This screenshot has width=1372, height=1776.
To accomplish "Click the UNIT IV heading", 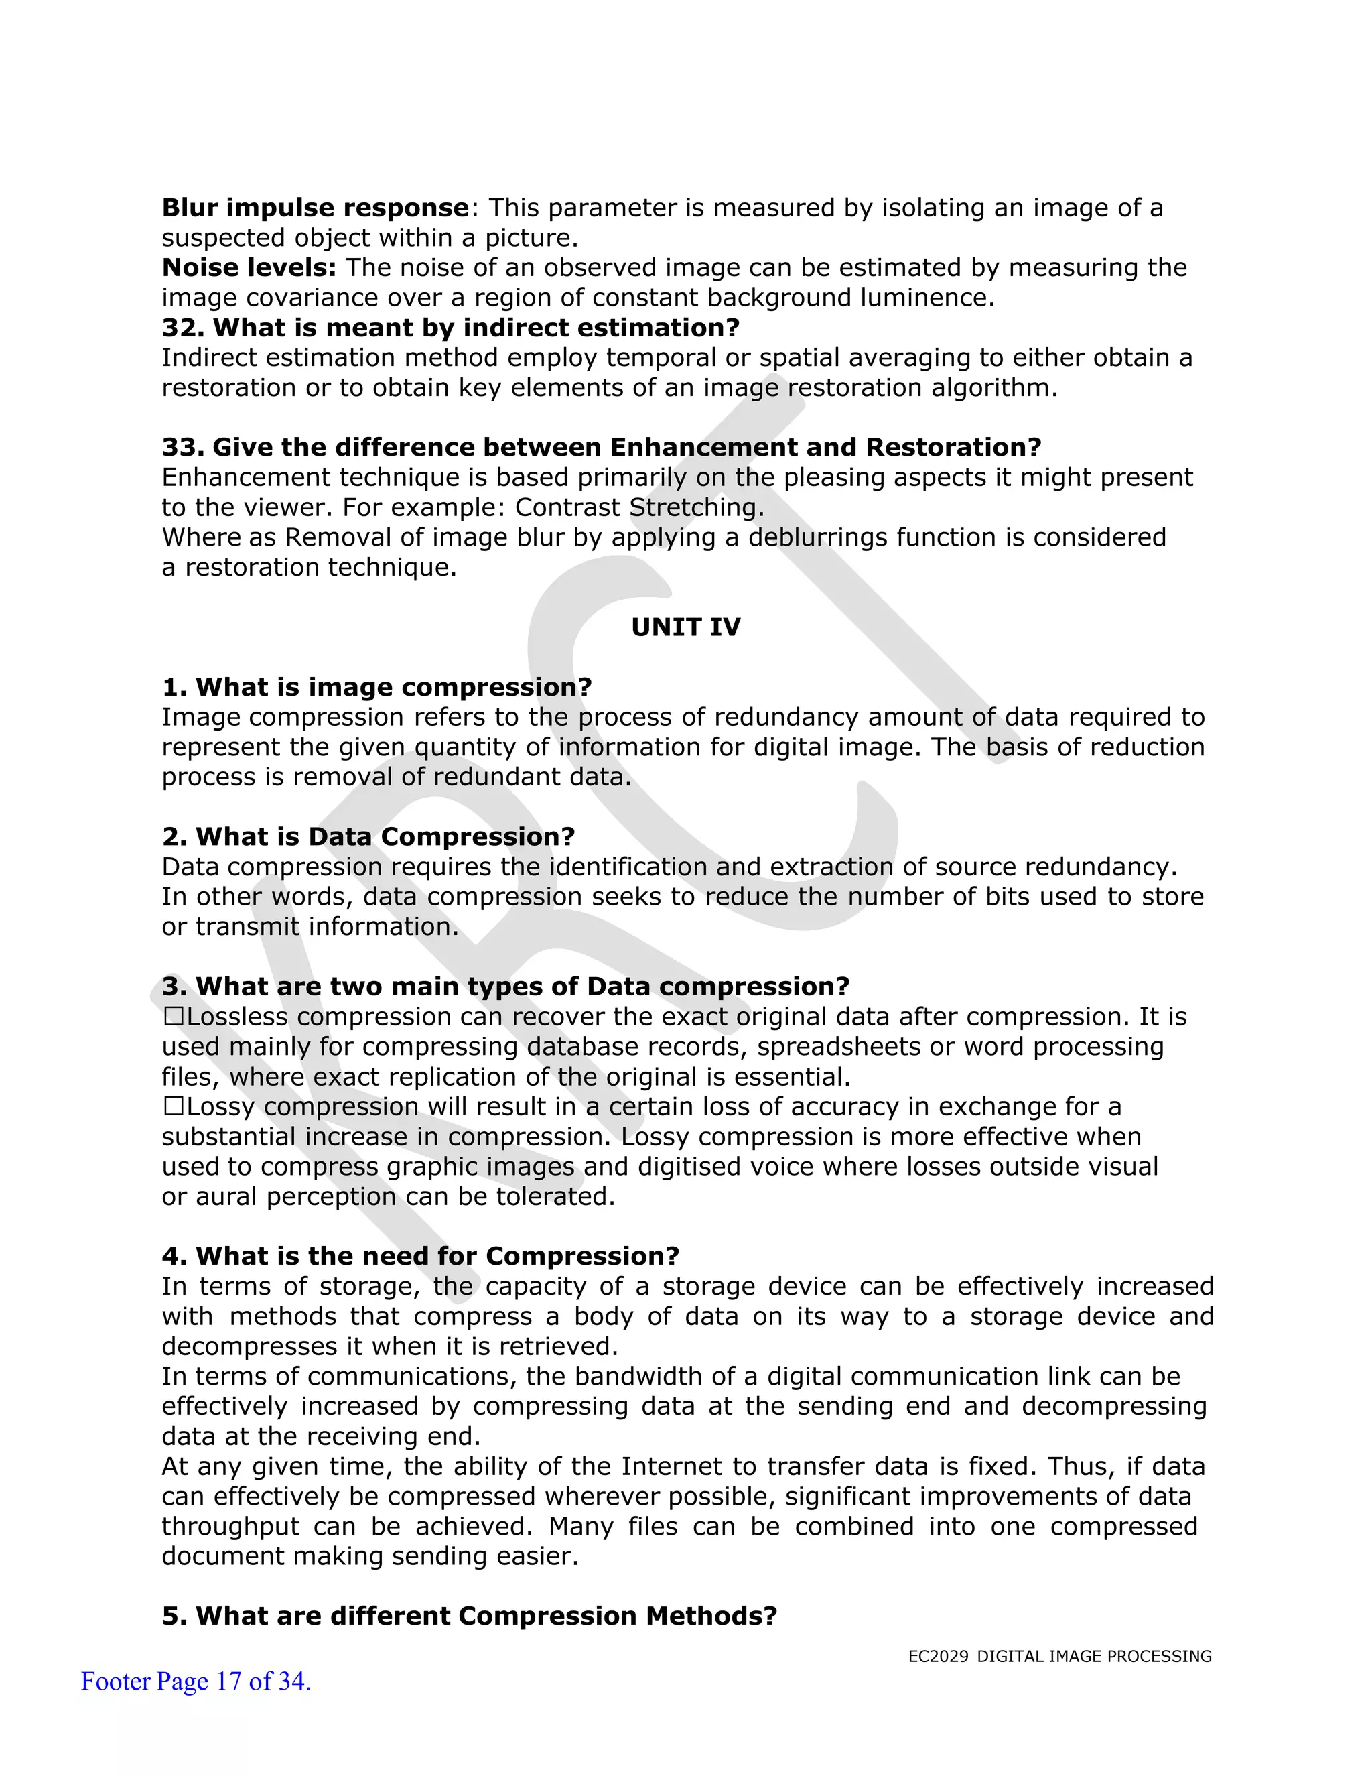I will click(685, 627).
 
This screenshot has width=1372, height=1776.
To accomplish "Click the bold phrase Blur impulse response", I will click(316, 208).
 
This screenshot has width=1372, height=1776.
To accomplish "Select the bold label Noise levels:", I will click(249, 267).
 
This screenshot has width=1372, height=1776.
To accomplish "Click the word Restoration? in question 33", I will click(953, 447).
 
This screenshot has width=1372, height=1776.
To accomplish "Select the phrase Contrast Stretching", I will click(640, 507).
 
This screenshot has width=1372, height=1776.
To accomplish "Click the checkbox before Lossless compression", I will click(174, 1017).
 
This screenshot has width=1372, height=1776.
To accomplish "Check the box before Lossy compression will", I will click(174, 1106).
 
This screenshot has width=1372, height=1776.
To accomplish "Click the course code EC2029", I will click(938, 1657).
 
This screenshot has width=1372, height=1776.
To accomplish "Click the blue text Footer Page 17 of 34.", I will click(196, 1681).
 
